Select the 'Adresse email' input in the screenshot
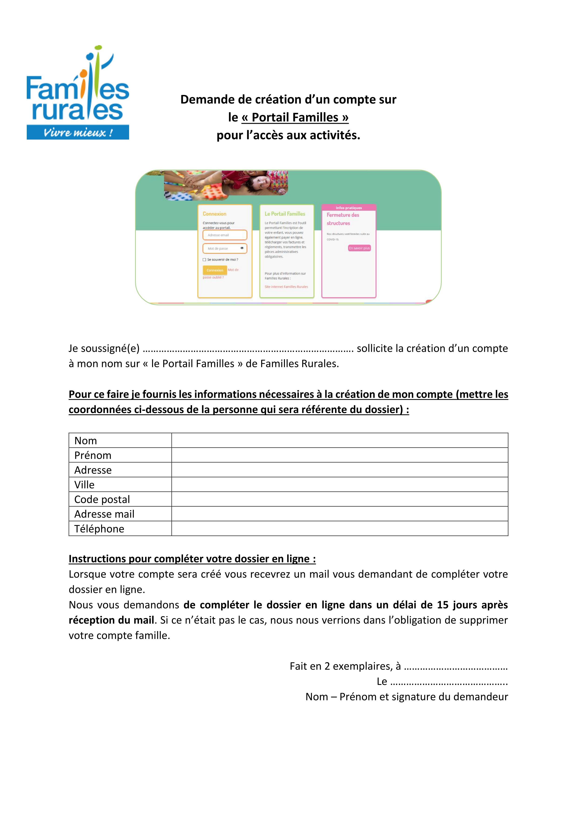225,235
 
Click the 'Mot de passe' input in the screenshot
225,248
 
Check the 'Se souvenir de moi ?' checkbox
204,260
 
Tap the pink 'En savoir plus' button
359,248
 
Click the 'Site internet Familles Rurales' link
286,287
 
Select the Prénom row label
93,455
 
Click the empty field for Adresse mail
339,514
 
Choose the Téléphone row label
99,529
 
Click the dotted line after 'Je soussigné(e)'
248,350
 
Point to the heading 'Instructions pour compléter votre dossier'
192,559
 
